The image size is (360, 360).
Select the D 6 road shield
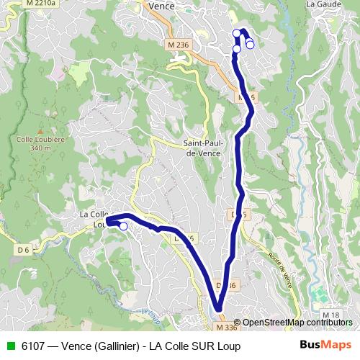24,250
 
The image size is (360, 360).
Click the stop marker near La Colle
123,227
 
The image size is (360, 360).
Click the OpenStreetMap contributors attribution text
297,323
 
